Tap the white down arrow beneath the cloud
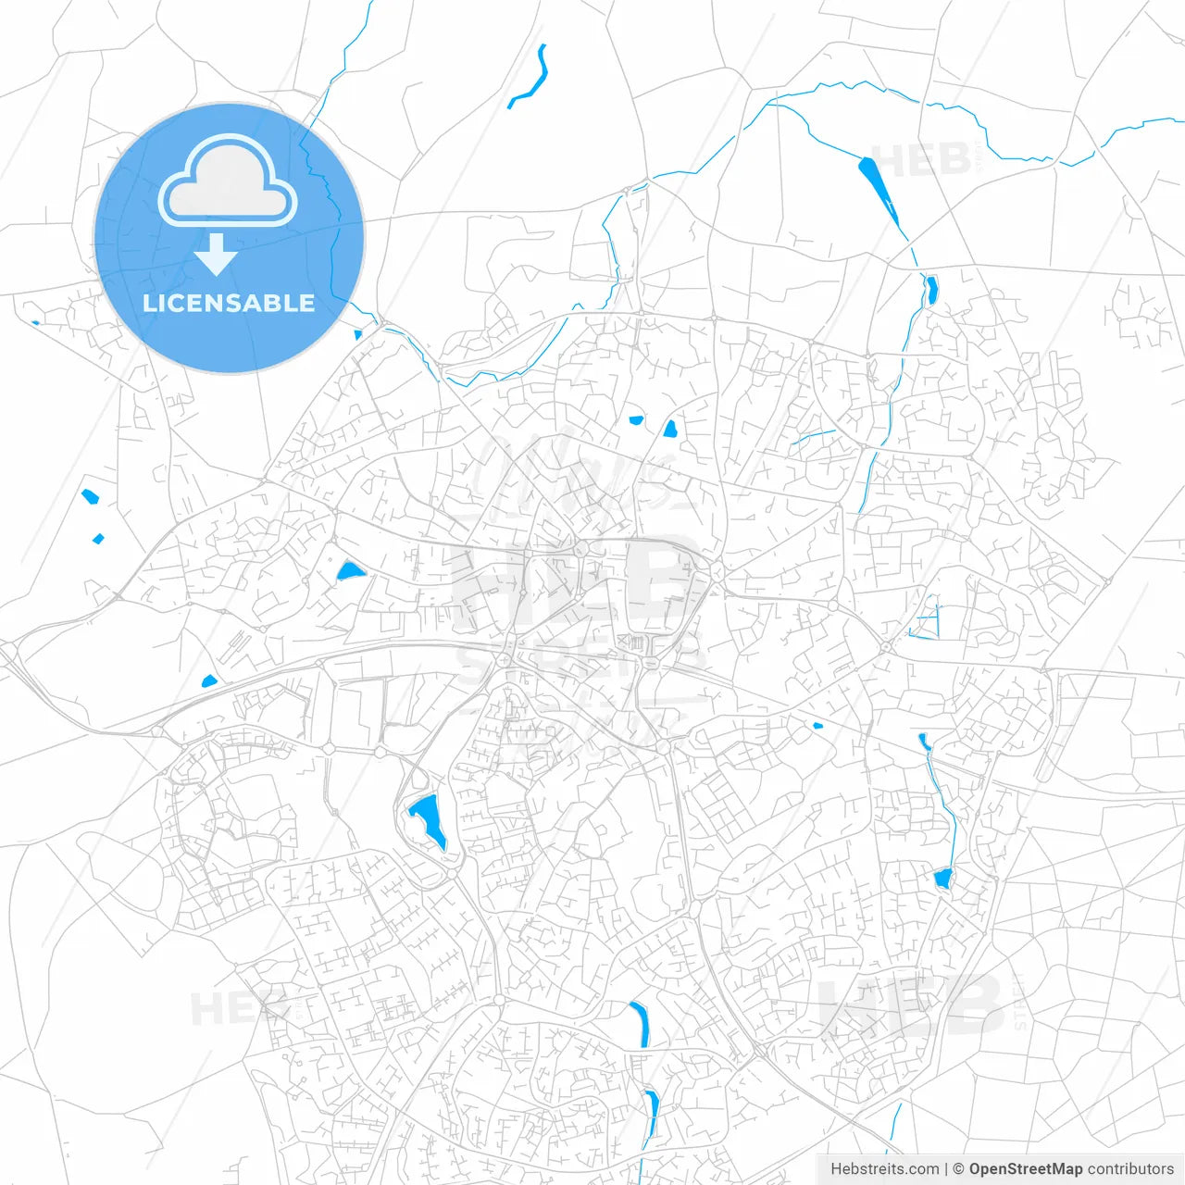click(x=217, y=254)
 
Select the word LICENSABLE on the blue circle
click(x=229, y=303)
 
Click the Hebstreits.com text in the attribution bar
click(x=885, y=1169)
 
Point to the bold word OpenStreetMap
click(x=1025, y=1169)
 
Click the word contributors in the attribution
click(x=1130, y=1169)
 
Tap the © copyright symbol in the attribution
click(x=958, y=1169)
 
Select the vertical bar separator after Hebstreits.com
click(x=945, y=1169)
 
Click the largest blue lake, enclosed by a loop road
click(x=429, y=818)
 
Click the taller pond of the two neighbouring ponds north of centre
click(x=669, y=429)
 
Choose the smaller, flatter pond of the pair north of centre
click(x=636, y=420)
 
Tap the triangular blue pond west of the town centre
click(x=350, y=571)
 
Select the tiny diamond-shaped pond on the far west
click(x=98, y=538)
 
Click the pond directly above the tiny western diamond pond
click(x=90, y=497)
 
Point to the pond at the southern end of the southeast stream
click(x=942, y=879)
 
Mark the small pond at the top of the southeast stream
click(x=923, y=740)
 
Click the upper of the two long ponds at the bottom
click(x=640, y=1024)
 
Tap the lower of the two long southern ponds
click(x=653, y=1112)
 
